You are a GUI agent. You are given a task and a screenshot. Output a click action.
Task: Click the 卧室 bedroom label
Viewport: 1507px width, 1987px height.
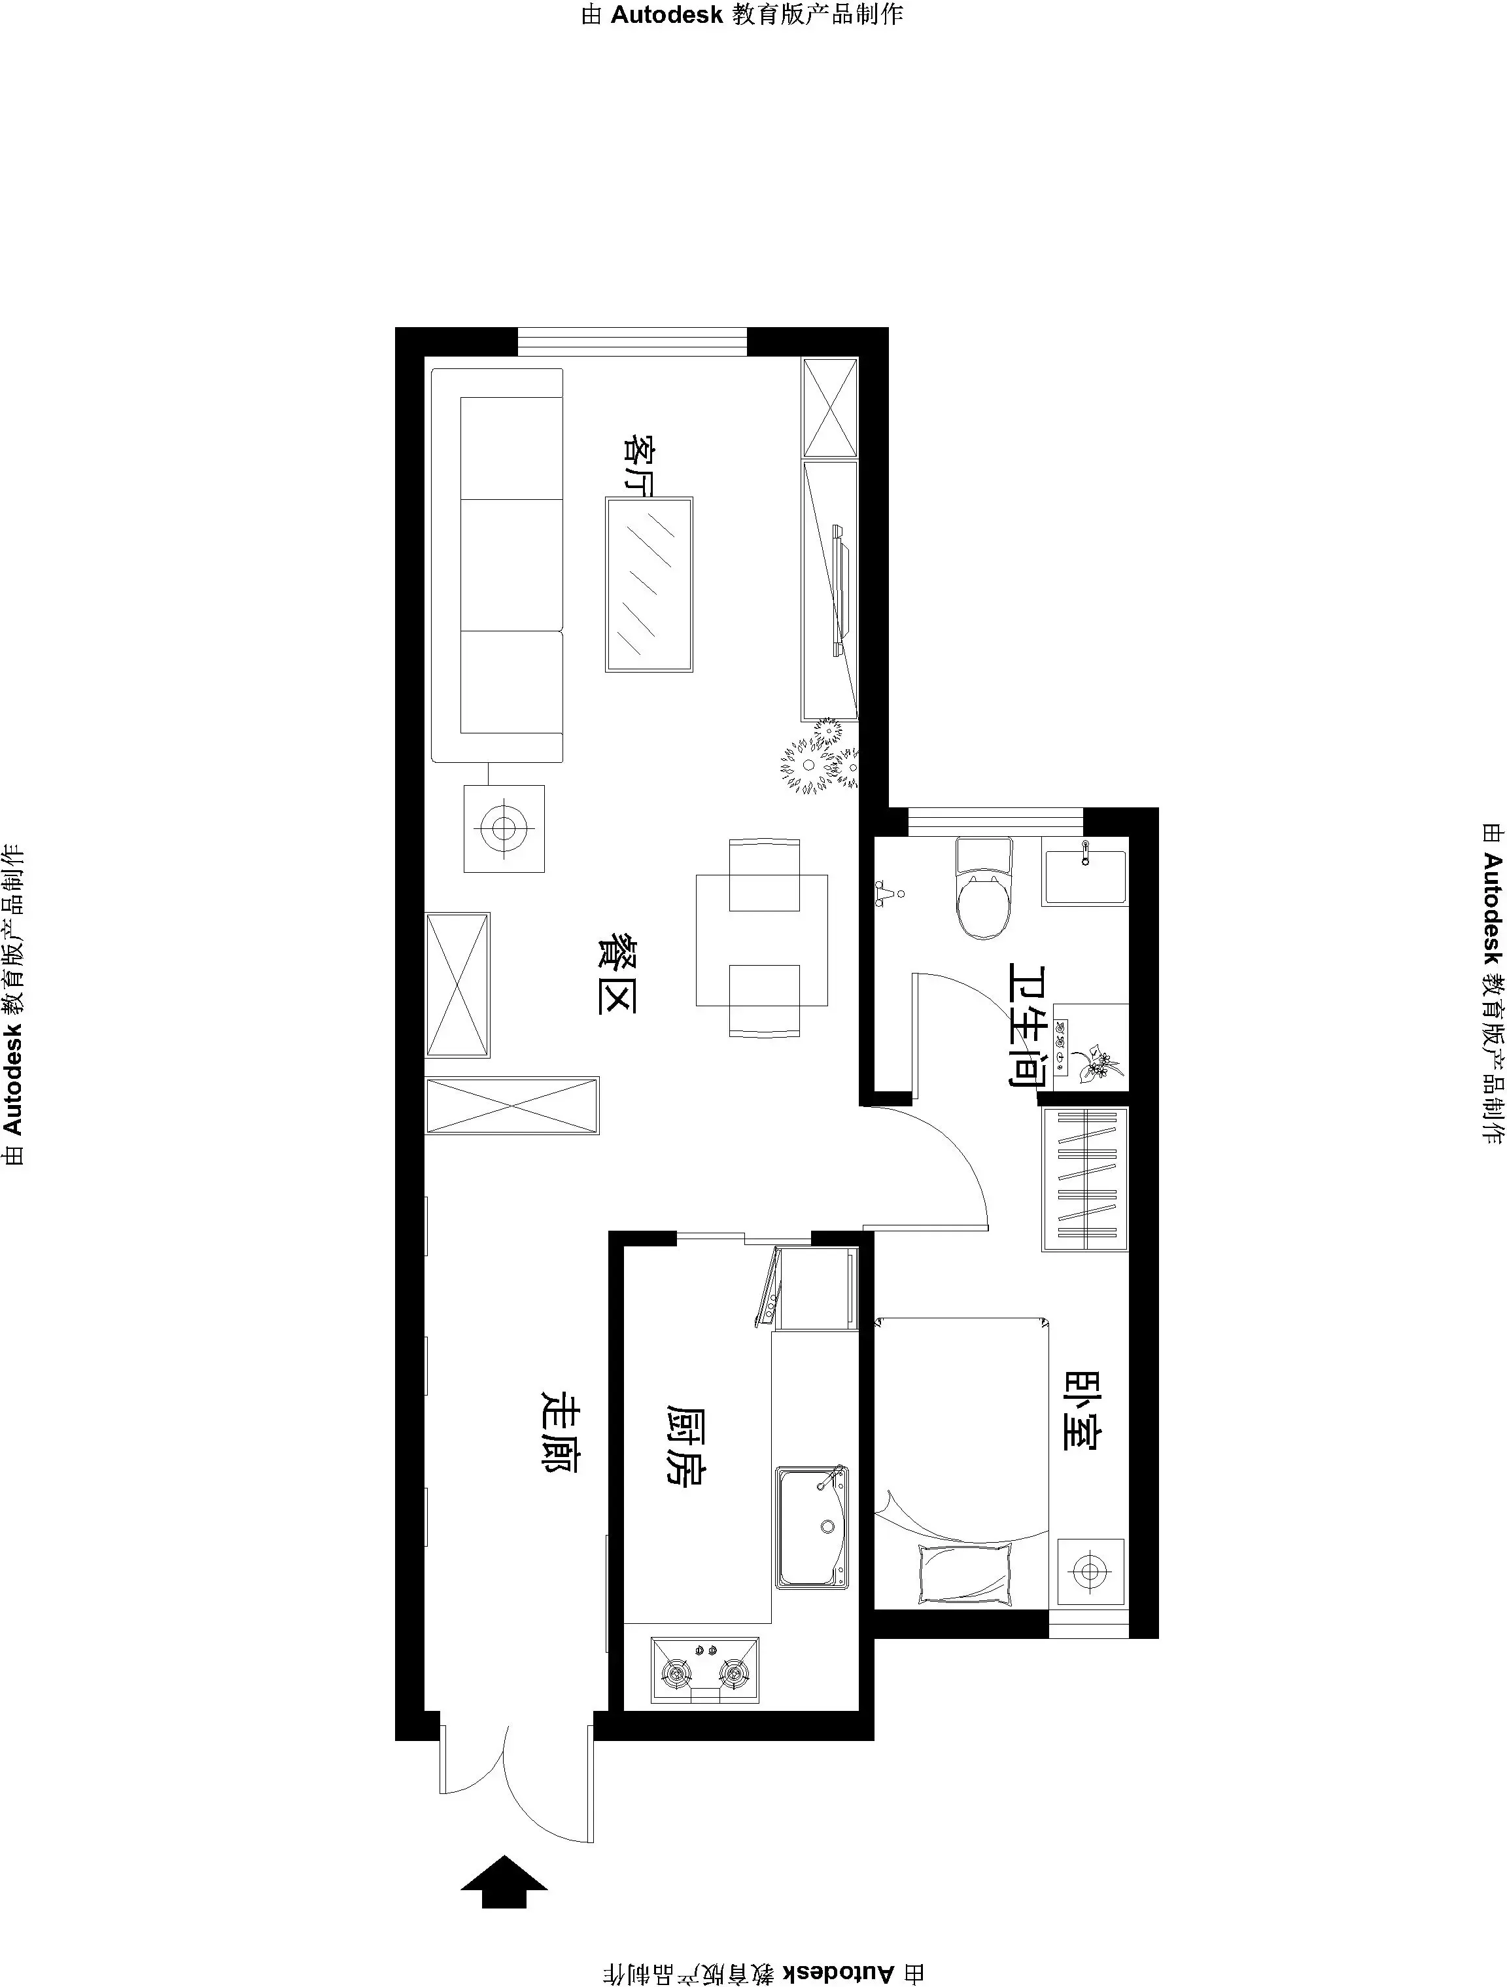pos(1083,1435)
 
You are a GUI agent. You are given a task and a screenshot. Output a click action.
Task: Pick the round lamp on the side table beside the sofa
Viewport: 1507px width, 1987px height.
pos(504,828)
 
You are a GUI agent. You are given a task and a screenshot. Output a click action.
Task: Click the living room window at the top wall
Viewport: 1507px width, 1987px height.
pos(632,342)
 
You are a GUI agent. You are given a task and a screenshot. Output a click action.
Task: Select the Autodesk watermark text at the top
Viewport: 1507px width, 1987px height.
pos(742,15)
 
